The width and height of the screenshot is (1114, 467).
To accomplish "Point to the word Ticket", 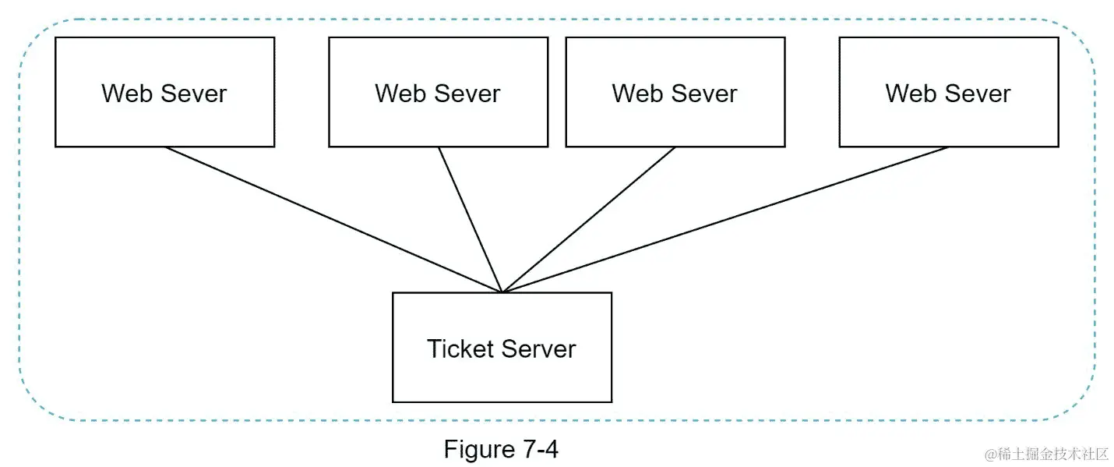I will click(x=460, y=348).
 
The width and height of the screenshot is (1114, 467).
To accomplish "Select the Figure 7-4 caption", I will click(x=501, y=449).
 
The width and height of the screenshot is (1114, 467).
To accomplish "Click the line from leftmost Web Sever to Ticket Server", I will click(x=333, y=220).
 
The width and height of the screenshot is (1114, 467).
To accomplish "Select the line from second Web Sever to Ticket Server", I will click(x=471, y=220).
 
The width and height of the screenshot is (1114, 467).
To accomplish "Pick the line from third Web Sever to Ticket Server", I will click(x=589, y=220).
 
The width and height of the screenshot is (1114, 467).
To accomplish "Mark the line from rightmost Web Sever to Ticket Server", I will click(x=725, y=220).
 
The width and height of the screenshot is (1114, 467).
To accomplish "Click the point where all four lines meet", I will click(x=502, y=292).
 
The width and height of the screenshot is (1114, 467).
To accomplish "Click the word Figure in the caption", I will click(x=476, y=449).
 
